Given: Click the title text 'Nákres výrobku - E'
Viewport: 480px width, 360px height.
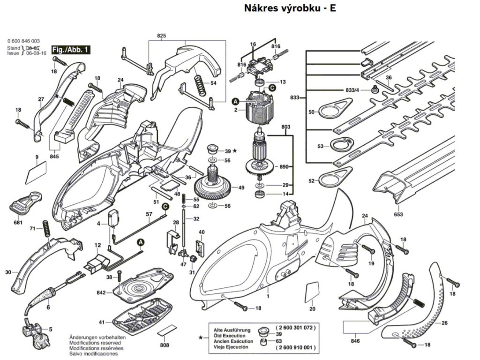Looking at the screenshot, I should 290,8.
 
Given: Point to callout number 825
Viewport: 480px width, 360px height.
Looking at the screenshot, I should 161,36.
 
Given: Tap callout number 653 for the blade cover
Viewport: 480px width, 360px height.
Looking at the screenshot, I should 398,214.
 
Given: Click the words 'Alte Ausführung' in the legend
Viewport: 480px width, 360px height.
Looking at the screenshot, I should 229,330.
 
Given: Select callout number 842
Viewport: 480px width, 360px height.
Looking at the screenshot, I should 101,292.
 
